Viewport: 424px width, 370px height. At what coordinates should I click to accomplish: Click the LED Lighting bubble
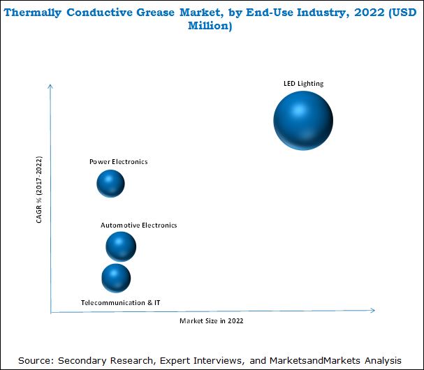303,121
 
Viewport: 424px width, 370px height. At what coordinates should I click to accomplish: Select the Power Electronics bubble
110,184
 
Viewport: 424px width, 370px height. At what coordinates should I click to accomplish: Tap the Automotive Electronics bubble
121,246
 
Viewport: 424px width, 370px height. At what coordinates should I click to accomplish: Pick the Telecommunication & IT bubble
116,278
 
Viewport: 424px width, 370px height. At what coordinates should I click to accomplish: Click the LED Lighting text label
303,84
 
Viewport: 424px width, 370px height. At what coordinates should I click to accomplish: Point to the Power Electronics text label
119,162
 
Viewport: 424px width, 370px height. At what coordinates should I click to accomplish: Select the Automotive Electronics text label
139,225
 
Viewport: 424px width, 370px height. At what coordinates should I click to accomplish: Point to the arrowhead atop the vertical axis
51,85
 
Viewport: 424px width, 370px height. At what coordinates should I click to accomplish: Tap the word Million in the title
212,26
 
